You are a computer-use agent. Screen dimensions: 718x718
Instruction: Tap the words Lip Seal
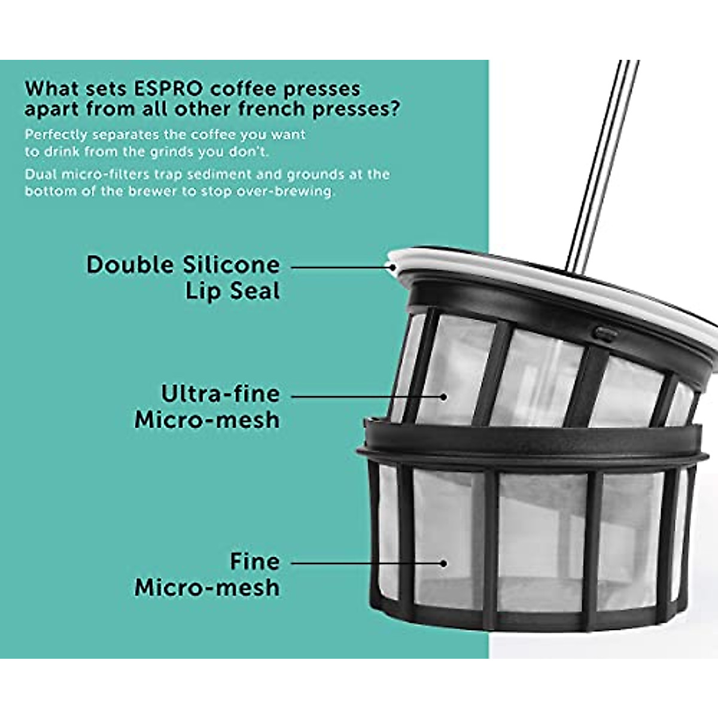[x=232, y=292]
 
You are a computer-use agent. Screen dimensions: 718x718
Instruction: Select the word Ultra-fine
[x=220, y=394]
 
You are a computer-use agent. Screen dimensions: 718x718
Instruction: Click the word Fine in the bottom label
[x=255, y=562]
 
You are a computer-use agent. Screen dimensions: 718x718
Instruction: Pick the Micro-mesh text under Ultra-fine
[x=207, y=420]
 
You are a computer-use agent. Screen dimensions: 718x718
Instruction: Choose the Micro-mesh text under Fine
[x=207, y=588]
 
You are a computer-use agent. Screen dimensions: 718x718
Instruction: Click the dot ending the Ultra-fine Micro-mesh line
[x=444, y=396]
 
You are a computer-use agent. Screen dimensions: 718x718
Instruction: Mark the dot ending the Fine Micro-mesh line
[x=444, y=563]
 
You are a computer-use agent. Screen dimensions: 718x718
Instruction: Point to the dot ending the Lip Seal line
[x=393, y=267]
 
